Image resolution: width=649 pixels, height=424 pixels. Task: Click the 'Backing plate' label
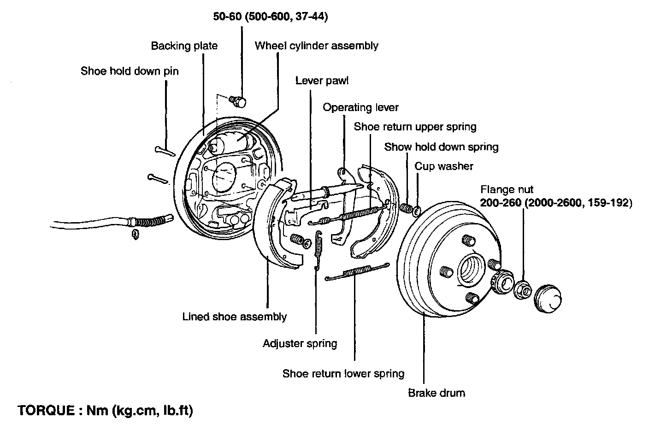(x=184, y=46)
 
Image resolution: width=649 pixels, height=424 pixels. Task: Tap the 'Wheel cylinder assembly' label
(x=316, y=46)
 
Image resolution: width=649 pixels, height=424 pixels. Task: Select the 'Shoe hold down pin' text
(x=129, y=71)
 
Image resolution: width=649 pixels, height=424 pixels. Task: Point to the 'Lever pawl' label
(x=322, y=81)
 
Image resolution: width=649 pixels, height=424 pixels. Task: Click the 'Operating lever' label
(x=360, y=107)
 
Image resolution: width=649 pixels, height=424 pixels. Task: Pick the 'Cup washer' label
(x=444, y=166)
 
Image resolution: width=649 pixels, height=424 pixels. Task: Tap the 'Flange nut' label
(x=507, y=190)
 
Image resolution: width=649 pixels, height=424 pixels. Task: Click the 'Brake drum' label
(x=437, y=393)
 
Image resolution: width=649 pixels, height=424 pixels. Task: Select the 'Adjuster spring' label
(x=300, y=343)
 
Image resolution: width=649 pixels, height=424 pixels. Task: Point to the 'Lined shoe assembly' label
(x=235, y=317)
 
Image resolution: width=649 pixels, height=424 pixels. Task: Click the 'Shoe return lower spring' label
(x=343, y=373)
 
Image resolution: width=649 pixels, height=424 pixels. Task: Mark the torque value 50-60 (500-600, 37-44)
(x=271, y=17)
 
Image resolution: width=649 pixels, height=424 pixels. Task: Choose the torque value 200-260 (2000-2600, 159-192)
(x=555, y=202)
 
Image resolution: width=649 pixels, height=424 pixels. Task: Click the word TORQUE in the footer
(x=45, y=410)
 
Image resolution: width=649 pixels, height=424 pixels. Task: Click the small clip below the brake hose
(x=135, y=234)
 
